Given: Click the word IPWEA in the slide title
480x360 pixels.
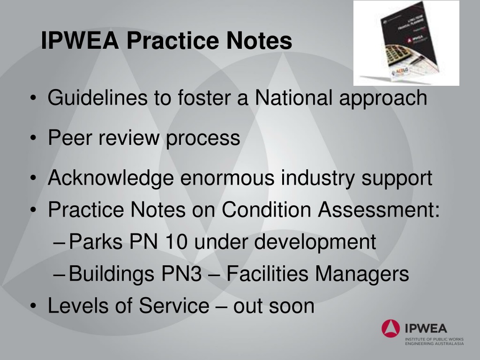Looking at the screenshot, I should (x=80, y=41).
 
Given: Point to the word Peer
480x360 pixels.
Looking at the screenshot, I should (x=68, y=138).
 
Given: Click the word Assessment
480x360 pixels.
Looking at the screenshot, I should (x=379, y=210).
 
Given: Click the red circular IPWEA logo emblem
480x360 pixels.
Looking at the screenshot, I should (x=390, y=327).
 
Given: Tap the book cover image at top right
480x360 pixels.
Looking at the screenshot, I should (x=406, y=43).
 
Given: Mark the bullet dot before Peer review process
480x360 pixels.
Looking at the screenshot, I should (x=35, y=139).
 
